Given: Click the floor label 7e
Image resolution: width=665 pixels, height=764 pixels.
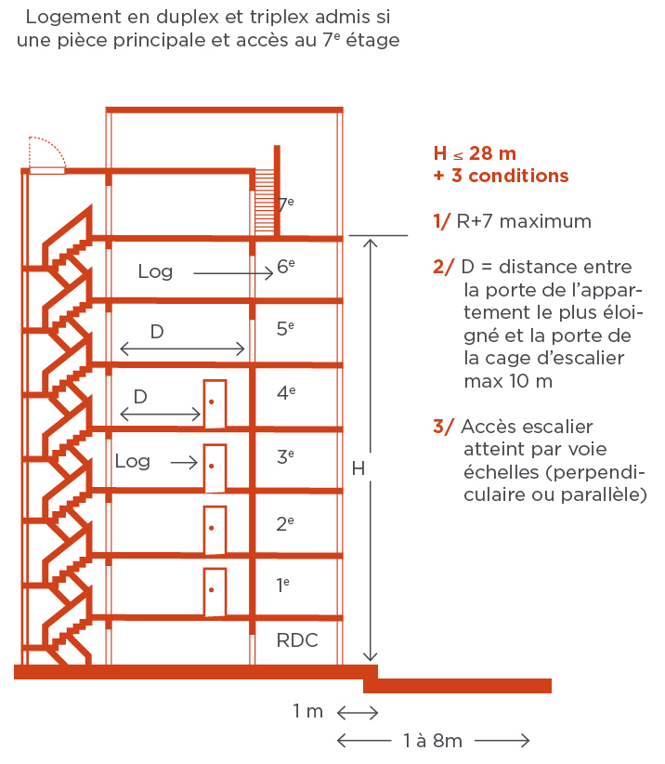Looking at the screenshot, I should [x=286, y=203].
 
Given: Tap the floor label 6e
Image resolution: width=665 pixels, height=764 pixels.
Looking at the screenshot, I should [x=286, y=268].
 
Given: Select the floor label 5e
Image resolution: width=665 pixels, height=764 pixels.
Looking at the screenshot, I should [x=286, y=328].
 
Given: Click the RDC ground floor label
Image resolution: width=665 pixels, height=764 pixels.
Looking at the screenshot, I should [x=297, y=641].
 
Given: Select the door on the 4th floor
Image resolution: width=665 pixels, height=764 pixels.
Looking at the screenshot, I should [x=215, y=403].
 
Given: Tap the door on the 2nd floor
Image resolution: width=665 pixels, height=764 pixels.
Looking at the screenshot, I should [x=215, y=530].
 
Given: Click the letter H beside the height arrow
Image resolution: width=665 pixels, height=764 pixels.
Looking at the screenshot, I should [x=358, y=469].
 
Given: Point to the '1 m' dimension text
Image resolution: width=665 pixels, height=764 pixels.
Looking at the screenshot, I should [x=307, y=712].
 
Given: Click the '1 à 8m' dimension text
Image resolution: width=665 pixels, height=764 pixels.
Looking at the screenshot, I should [x=433, y=741].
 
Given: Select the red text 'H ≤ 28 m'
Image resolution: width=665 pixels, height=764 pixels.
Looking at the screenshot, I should [x=475, y=153].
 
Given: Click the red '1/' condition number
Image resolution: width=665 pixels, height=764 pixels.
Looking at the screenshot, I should [x=442, y=221].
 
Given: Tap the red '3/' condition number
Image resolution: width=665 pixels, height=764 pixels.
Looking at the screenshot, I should [x=444, y=427].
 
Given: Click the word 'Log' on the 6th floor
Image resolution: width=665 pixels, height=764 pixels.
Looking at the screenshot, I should [x=155, y=271].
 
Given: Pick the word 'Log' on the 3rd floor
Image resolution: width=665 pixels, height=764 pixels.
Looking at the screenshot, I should [x=132, y=461].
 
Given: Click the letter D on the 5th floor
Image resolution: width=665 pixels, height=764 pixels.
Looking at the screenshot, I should [x=157, y=331].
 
